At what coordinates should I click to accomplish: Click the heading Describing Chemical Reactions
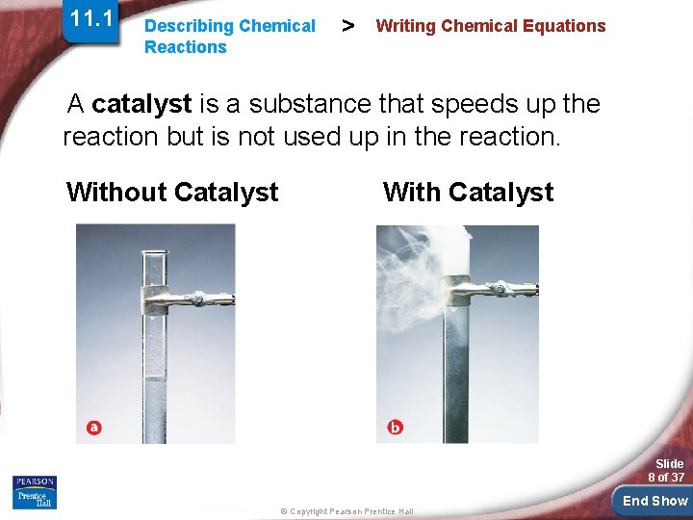pyautogui.click(x=229, y=37)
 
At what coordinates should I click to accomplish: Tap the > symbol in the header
pyautogui.click(x=346, y=25)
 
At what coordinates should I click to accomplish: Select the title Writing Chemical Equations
pyautogui.click(x=491, y=26)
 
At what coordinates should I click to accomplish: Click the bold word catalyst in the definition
pyautogui.click(x=141, y=104)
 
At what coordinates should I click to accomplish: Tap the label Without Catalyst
pyautogui.click(x=172, y=193)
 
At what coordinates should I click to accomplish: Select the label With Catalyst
pyautogui.click(x=468, y=193)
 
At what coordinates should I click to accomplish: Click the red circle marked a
pyautogui.click(x=93, y=427)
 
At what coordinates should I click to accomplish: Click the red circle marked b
pyautogui.click(x=395, y=427)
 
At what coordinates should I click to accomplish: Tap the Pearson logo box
pyautogui.click(x=35, y=481)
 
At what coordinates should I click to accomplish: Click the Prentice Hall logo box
pyautogui.click(x=35, y=499)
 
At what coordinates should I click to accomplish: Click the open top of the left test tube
pyautogui.click(x=155, y=253)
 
